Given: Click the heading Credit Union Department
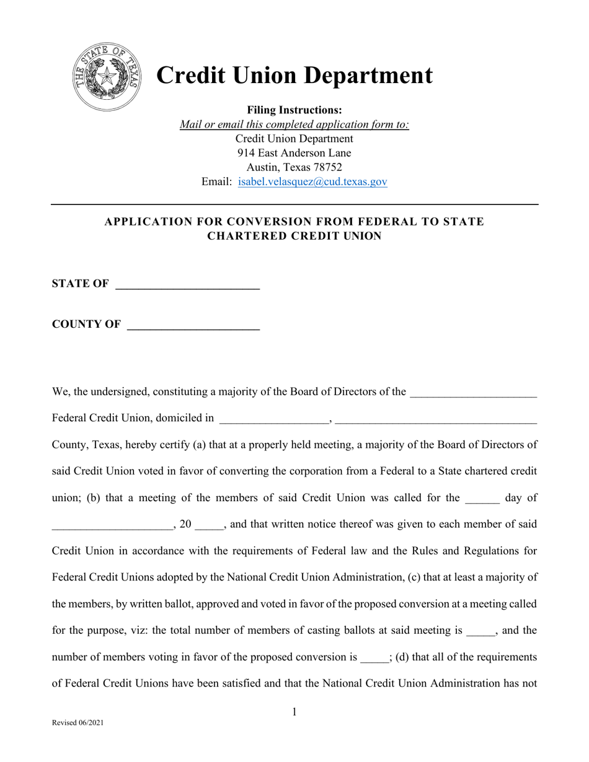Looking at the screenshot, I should click(294, 76).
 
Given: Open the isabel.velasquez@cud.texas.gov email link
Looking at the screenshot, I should click(312, 182).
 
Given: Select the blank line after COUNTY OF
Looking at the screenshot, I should click(193, 325).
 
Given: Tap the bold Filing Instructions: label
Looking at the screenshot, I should click(294, 110).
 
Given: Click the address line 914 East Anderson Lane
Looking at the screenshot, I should click(294, 153).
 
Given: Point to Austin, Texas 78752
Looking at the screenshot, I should click(294, 167).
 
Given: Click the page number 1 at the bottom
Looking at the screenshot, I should click(294, 712).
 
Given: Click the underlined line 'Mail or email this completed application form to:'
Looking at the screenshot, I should click(294, 125).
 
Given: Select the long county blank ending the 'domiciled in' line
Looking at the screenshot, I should click(436, 419).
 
